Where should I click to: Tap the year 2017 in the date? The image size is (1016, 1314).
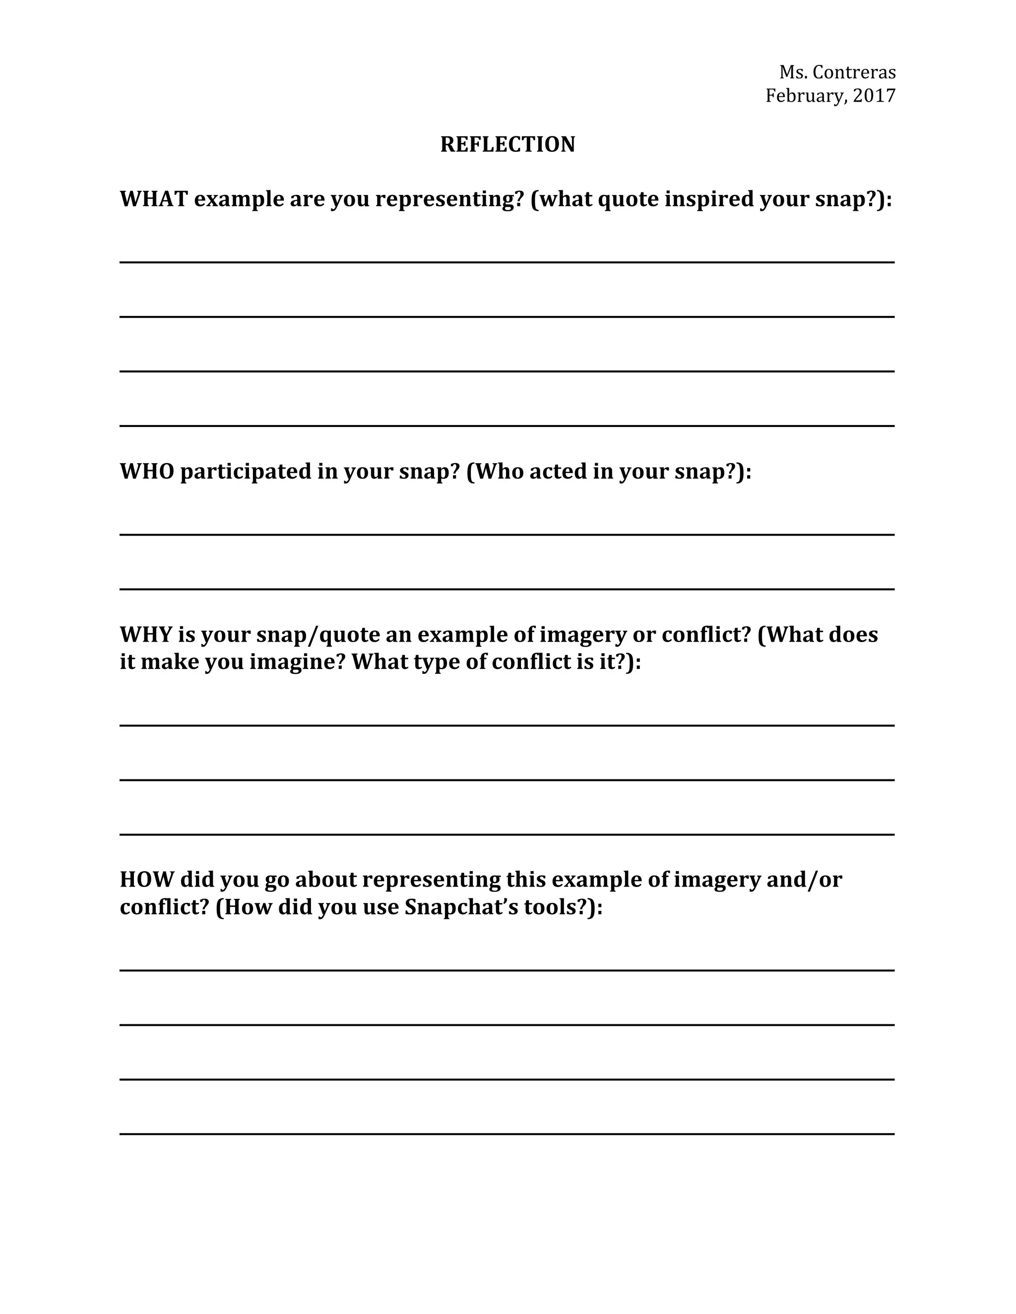click(874, 96)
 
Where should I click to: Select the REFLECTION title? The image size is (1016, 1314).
click(508, 144)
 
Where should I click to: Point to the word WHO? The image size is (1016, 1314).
click(147, 471)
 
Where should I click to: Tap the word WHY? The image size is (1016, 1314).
click(146, 635)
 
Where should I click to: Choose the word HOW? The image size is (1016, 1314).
click(147, 880)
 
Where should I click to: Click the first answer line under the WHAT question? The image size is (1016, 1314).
click(507, 262)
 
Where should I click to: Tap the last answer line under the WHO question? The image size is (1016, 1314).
click(507, 589)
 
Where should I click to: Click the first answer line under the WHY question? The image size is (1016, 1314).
click(507, 725)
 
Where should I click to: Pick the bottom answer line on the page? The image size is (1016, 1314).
click(507, 1134)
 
